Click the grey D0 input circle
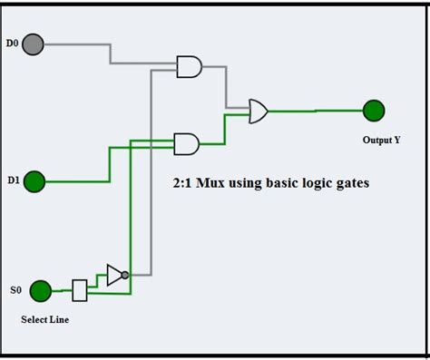click(x=34, y=44)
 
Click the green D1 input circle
click(x=34, y=181)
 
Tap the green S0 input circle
click(x=40, y=290)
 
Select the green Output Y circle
click(x=374, y=111)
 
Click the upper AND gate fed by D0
click(x=189, y=66)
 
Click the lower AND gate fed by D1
click(x=187, y=143)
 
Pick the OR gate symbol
click(x=259, y=112)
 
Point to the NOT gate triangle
click(x=114, y=273)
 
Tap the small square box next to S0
click(x=79, y=290)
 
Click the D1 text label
click(x=14, y=181)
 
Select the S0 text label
click(x=15, y=290)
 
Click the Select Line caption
click(x=44, y=319)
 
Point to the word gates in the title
click(x=350, y=183)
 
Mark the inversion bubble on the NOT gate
click(x=125, y=274)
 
